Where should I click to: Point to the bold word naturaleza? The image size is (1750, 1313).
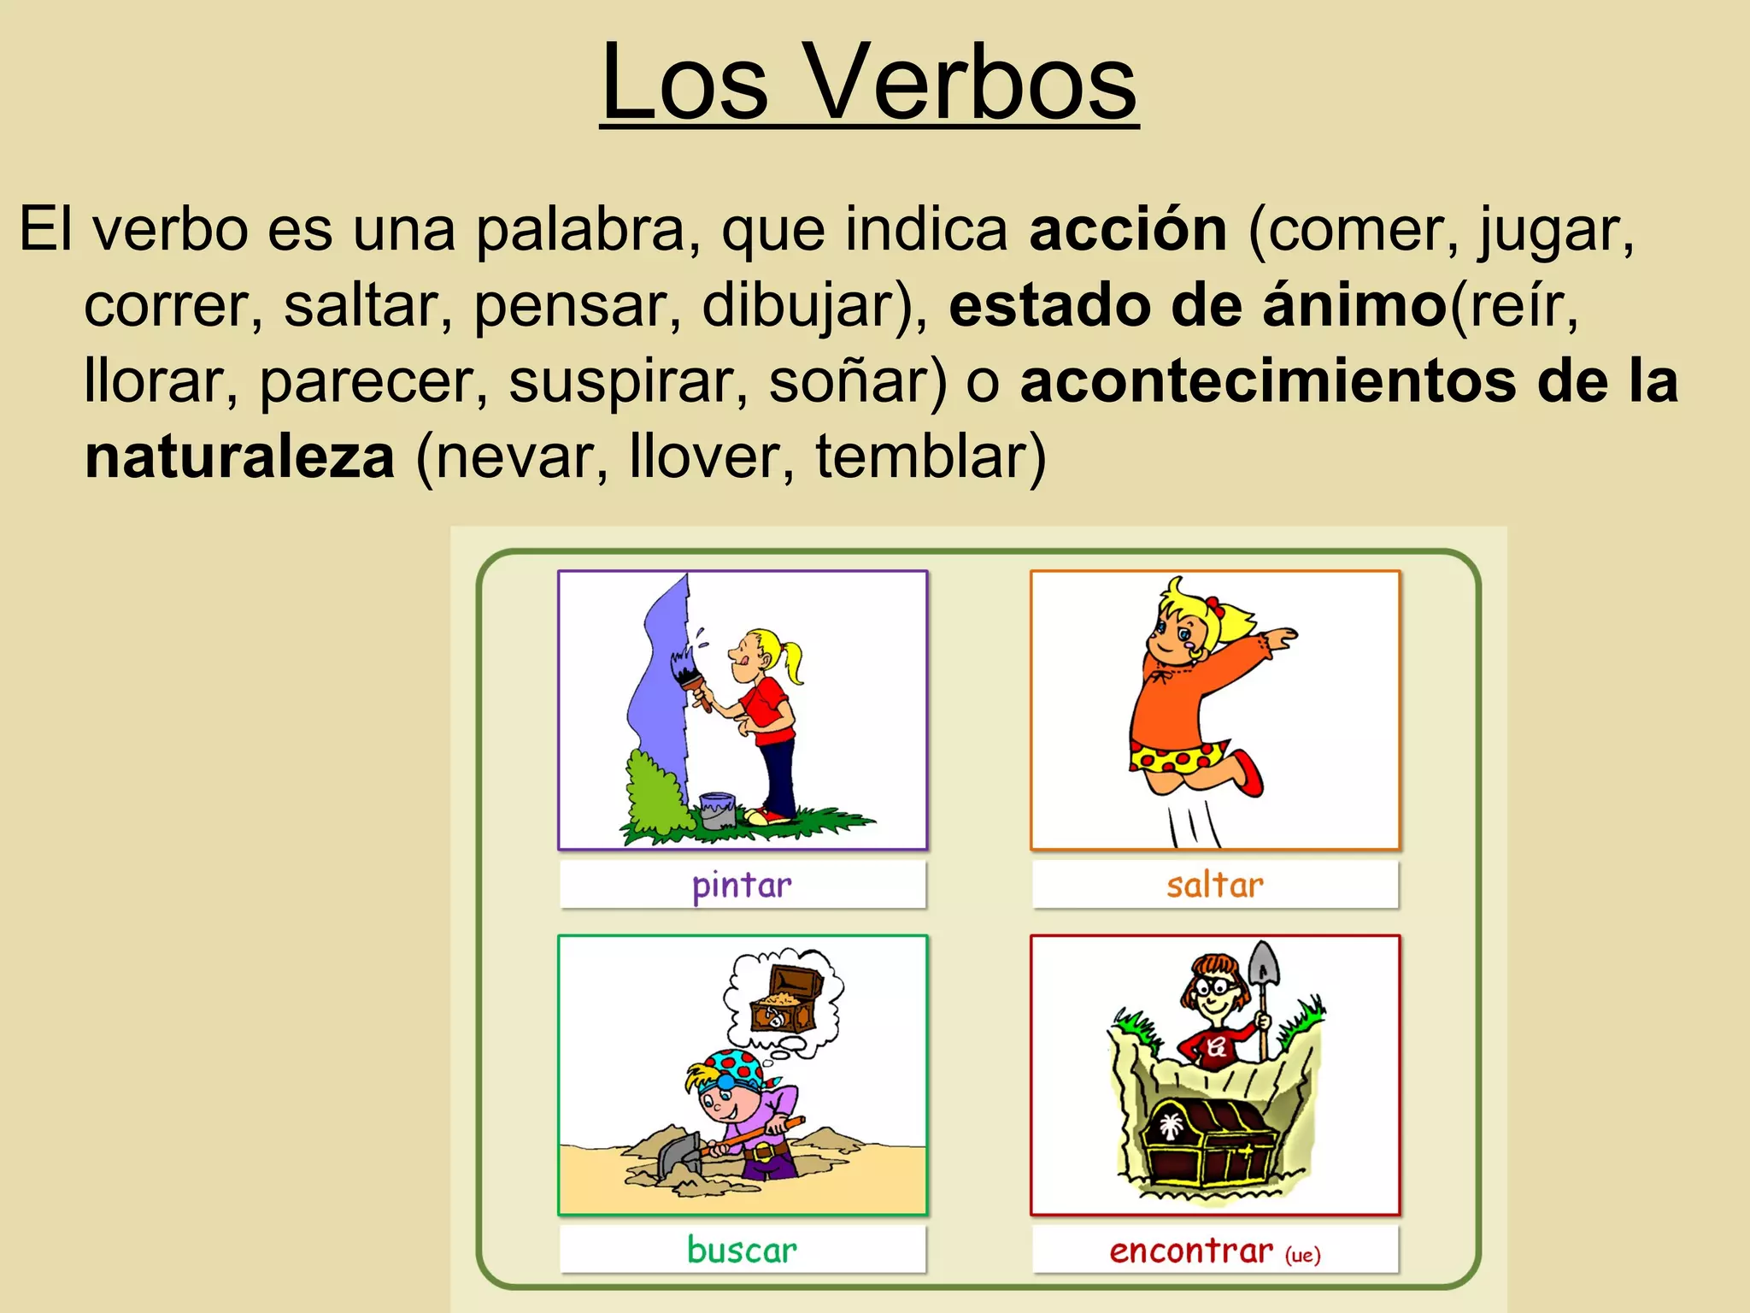tap(240, 456)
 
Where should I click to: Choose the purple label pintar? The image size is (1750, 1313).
tap(742, 886)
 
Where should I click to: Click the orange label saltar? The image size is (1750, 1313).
tap(1214, 886)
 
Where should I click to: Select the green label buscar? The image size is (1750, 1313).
tap(742, 1251)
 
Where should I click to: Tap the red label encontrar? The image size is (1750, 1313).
tap(1190, 1251)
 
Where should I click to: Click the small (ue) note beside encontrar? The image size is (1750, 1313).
tap(1303, 1255)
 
